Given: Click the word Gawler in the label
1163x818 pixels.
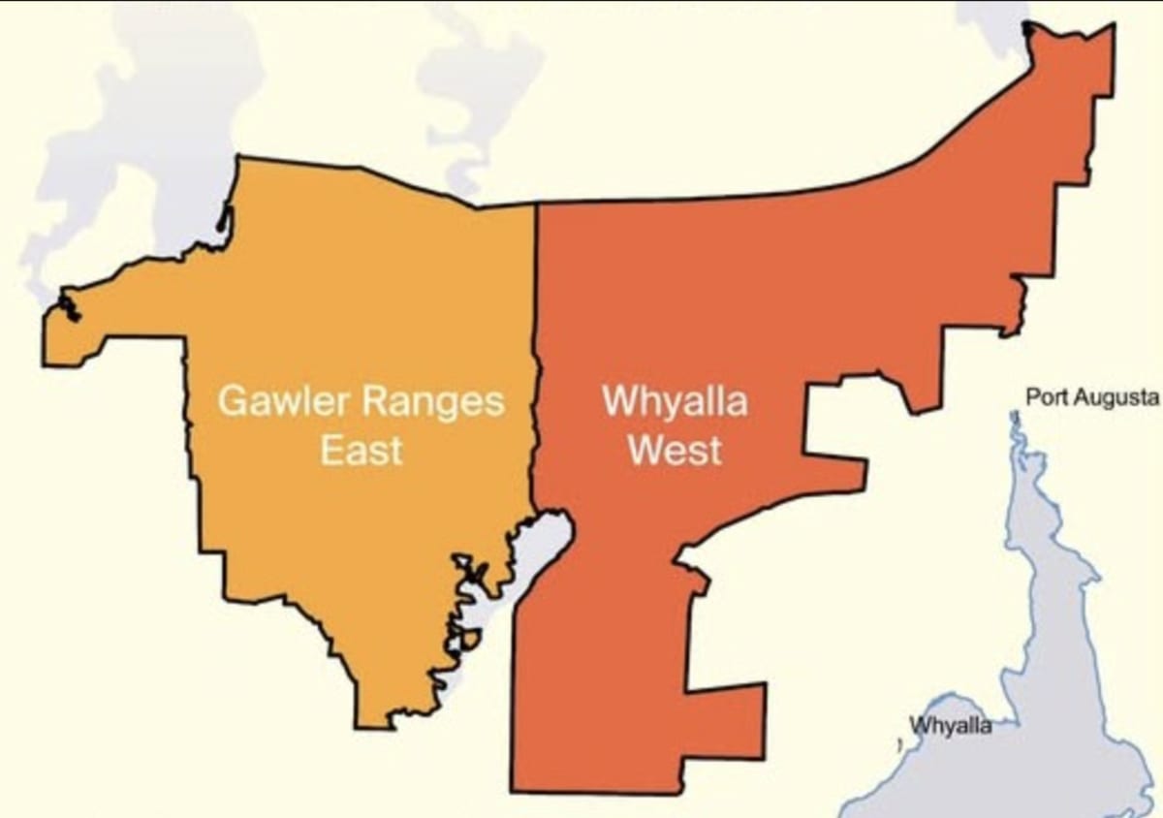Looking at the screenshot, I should (275, 401).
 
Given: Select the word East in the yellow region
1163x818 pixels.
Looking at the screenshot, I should (361, 451).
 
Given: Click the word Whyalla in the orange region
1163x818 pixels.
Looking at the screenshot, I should (675, 400).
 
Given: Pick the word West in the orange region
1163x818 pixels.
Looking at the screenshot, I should (675, 451).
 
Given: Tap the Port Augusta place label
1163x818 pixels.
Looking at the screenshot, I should (1091, 397).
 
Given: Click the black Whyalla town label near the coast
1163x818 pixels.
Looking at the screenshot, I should (950, 726).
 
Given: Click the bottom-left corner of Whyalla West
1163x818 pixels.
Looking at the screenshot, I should (514, 790).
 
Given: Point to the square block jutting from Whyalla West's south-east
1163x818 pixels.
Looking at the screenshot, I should (727, 722).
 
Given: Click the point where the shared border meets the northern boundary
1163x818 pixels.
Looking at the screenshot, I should (536, 204).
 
